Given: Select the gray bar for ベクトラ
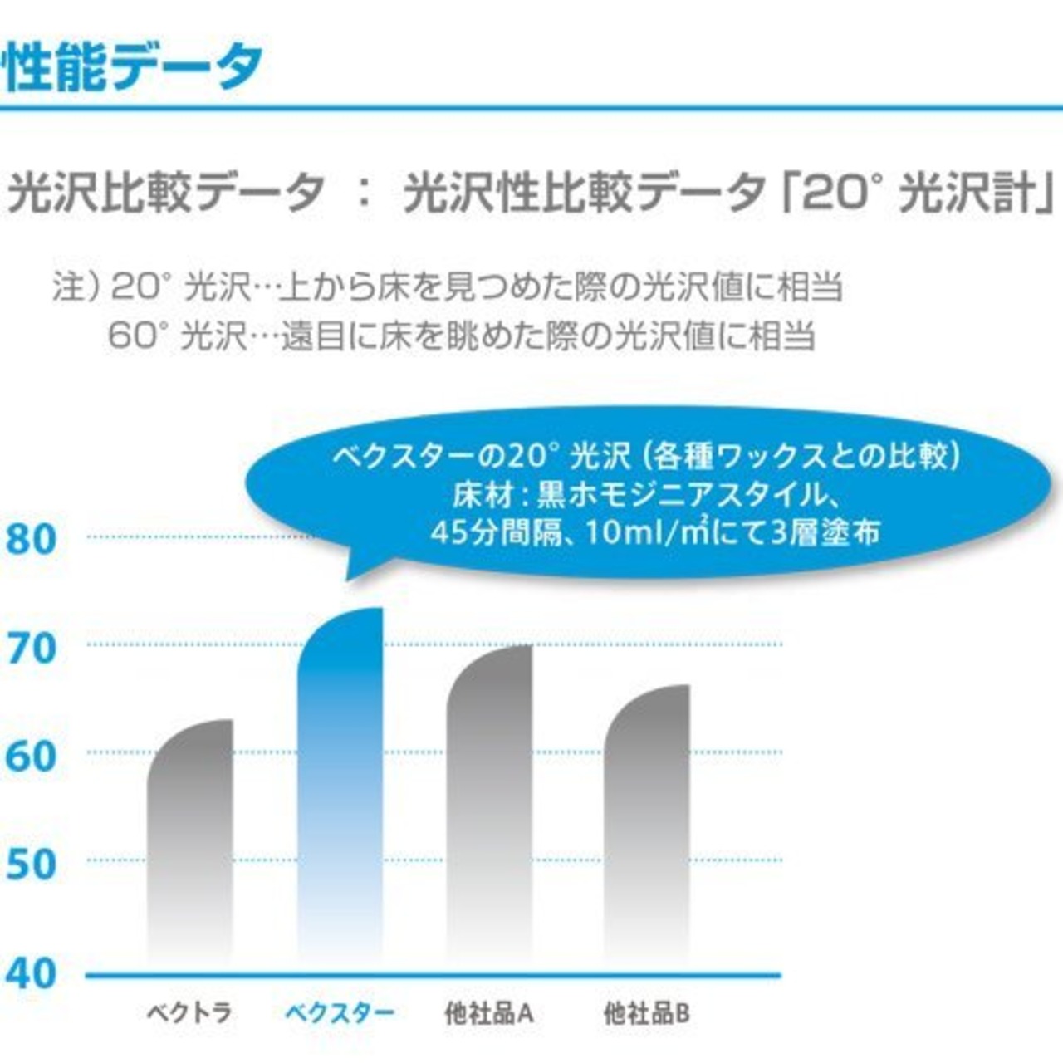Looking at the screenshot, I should tap(190, 830).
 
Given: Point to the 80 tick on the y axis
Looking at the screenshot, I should tap(32, 539).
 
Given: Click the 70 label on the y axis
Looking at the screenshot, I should tap(32, 648).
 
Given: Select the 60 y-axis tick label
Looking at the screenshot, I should tap(32, 756).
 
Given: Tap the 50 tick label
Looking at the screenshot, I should tap(32, 865).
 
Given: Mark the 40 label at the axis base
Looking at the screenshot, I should tap(32, 973).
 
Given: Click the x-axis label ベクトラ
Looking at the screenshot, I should tap(189, 1013).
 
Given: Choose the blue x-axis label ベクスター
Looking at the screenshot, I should tap(340, 1013).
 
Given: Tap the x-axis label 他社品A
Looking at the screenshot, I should tap(489, 1013).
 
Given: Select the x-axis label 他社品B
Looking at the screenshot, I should tap(647, 1013).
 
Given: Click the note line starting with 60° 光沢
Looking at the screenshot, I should tap(461, 336).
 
